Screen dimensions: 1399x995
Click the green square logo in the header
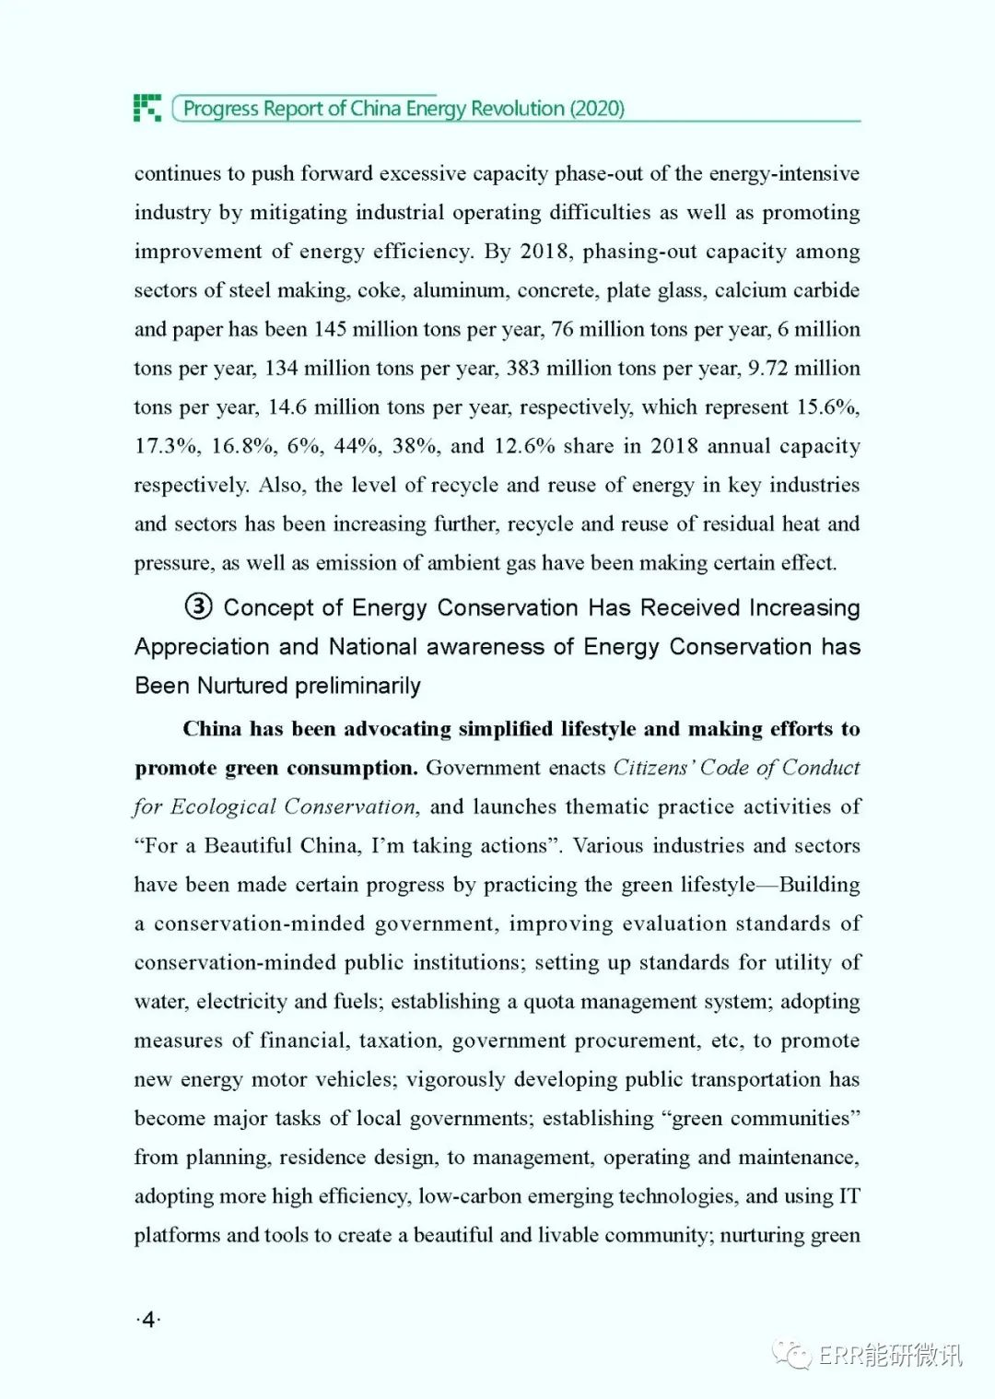pos(146,108)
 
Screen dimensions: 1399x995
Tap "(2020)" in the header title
pos(597,109)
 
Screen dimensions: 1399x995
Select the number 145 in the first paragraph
pos(330,330)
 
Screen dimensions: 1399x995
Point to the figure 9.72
pos(767,369)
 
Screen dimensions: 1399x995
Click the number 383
pos(522,369)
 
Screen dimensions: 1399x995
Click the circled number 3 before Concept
pos(198,606)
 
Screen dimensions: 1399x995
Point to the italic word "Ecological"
pos(223,807)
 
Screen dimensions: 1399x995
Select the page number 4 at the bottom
pos(148,1320)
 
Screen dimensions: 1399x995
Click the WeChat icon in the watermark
pos(791,1354)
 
